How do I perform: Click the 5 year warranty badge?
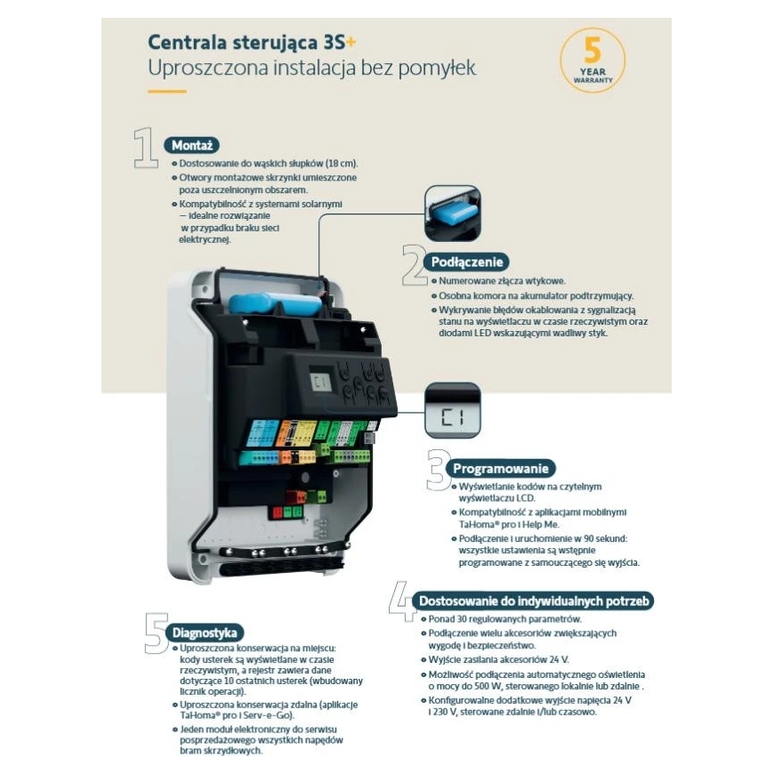[x=593, y=60]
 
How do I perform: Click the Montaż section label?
[x=192, y=145]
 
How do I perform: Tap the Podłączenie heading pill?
[x=466, y=262]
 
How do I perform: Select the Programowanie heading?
[x=501, y=469]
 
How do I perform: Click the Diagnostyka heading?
[x=205, y=633]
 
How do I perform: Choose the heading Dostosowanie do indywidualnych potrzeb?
[x=533, y=601]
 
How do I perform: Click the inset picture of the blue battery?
[x=452, y=214]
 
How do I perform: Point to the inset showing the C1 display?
[x=452, y=410]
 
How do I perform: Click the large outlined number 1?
[x=147, y=148]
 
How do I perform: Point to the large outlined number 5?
[x=156, y=633]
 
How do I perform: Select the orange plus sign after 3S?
[x=351, y=42]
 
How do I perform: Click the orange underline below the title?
[x=167, y=92]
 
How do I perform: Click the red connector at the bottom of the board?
[x=277, y=512]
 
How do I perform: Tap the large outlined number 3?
[x=438, y=470]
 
